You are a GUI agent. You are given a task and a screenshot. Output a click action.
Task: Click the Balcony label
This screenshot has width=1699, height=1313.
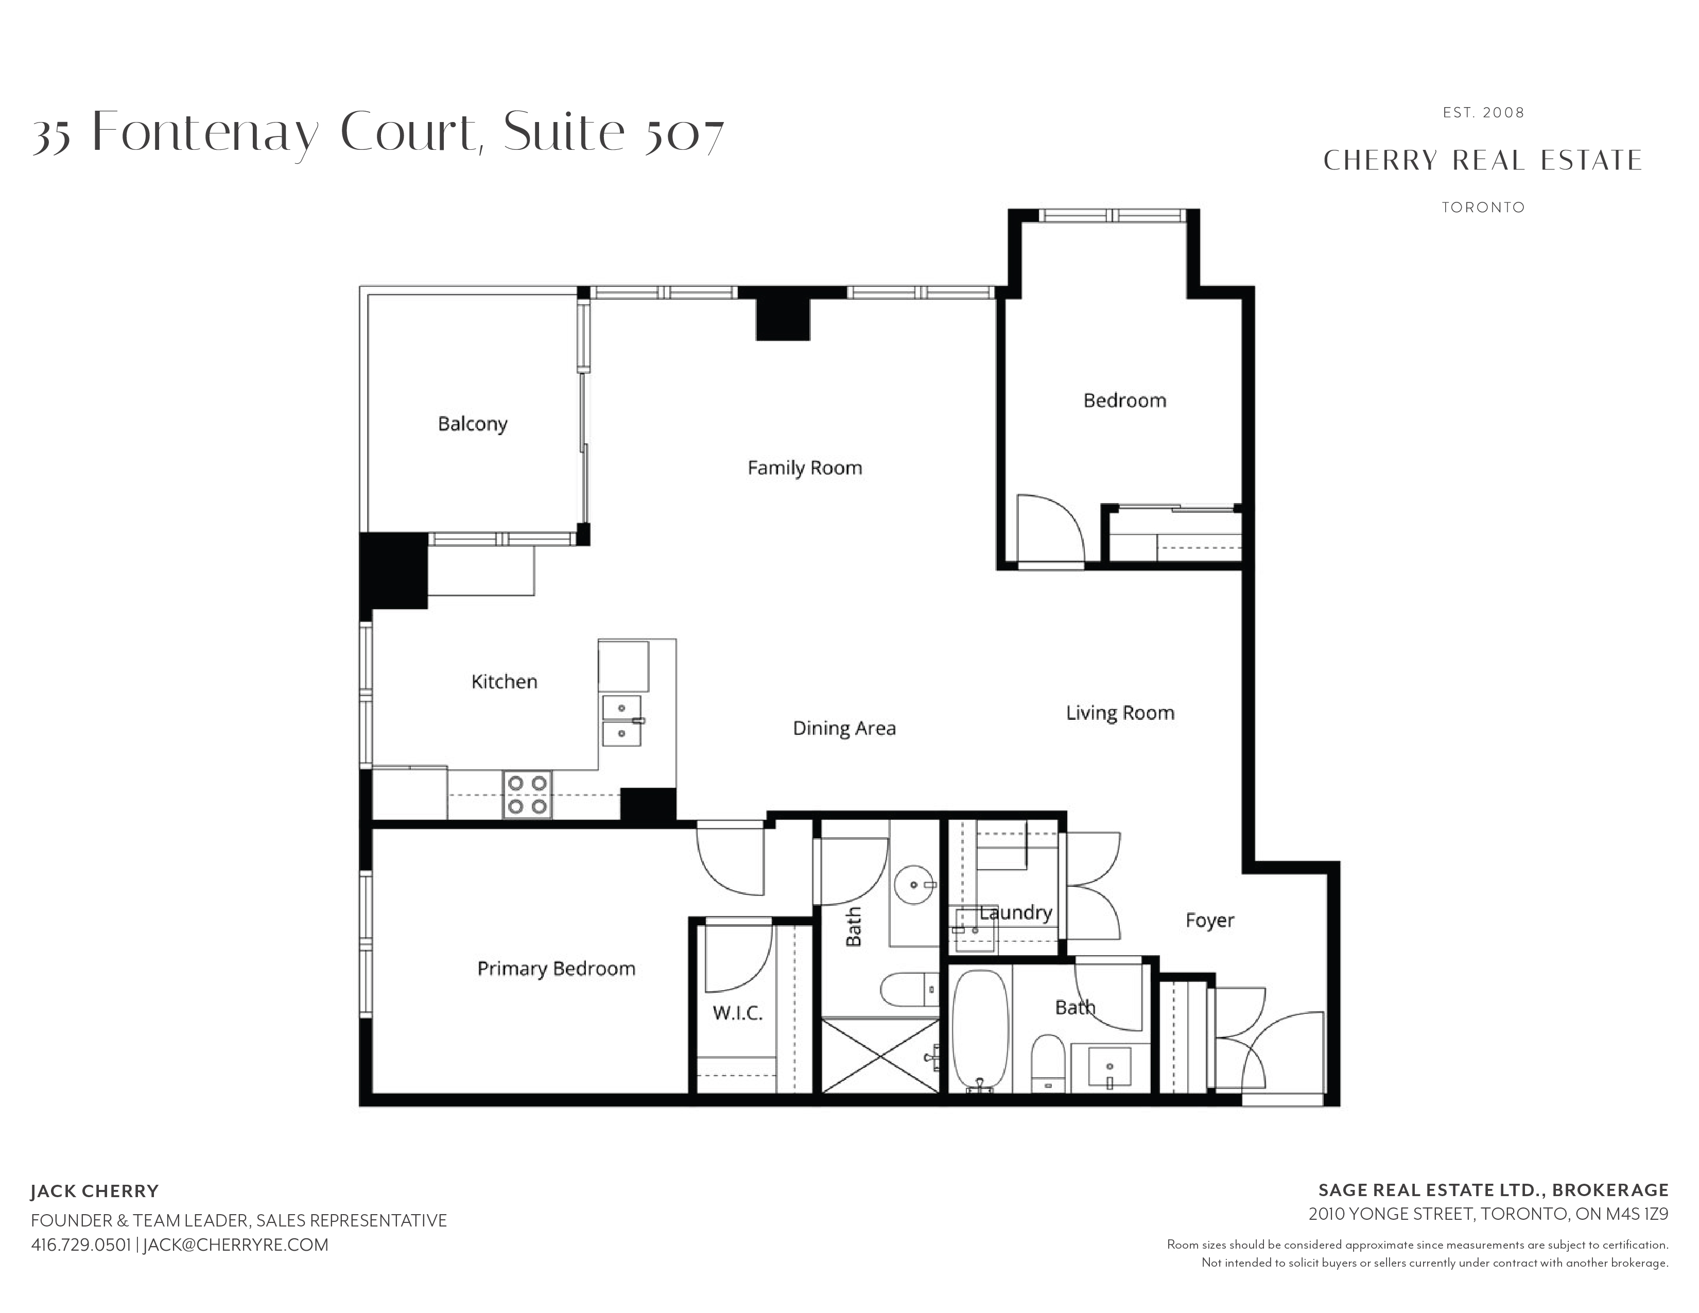tap(472, 424)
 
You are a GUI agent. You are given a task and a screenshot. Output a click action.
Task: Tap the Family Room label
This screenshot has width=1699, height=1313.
tap(804, 468)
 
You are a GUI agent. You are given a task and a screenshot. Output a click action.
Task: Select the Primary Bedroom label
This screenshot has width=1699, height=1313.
tap(556, 969)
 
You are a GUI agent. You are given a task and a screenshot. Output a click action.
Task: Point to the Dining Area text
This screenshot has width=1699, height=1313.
tap(844, 728)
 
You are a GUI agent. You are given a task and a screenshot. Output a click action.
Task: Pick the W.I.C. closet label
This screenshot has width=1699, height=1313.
tap(737, 1013)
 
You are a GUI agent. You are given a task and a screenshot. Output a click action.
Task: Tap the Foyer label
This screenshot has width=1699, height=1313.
tap(1210, 920)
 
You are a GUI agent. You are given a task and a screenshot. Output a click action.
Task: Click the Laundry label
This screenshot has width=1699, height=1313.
tap(1015, 912)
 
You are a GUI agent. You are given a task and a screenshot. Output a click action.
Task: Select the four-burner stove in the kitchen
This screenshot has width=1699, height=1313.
tap(527, 794)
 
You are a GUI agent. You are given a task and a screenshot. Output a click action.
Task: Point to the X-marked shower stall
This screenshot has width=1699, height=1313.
tap(880, 1056)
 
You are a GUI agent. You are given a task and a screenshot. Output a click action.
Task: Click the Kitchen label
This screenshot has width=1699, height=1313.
tap(504, 681)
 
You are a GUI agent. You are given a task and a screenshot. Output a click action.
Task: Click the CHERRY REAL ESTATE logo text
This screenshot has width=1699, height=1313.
tap(1483, 160)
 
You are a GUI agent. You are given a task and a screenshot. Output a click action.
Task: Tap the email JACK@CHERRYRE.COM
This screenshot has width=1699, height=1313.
tap(236, 1245)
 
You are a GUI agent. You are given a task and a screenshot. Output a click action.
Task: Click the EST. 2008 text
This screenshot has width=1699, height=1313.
tap(1483, 113)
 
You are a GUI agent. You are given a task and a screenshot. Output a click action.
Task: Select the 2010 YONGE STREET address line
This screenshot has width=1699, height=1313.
tap(1488, 1214)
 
